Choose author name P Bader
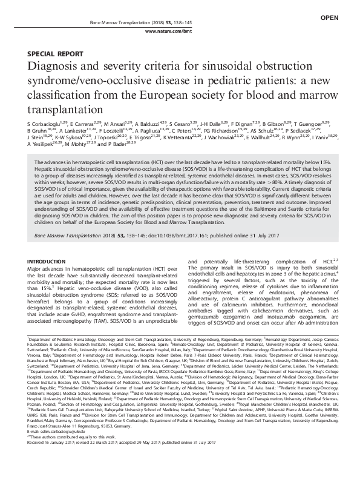click(x=108, y=145)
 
